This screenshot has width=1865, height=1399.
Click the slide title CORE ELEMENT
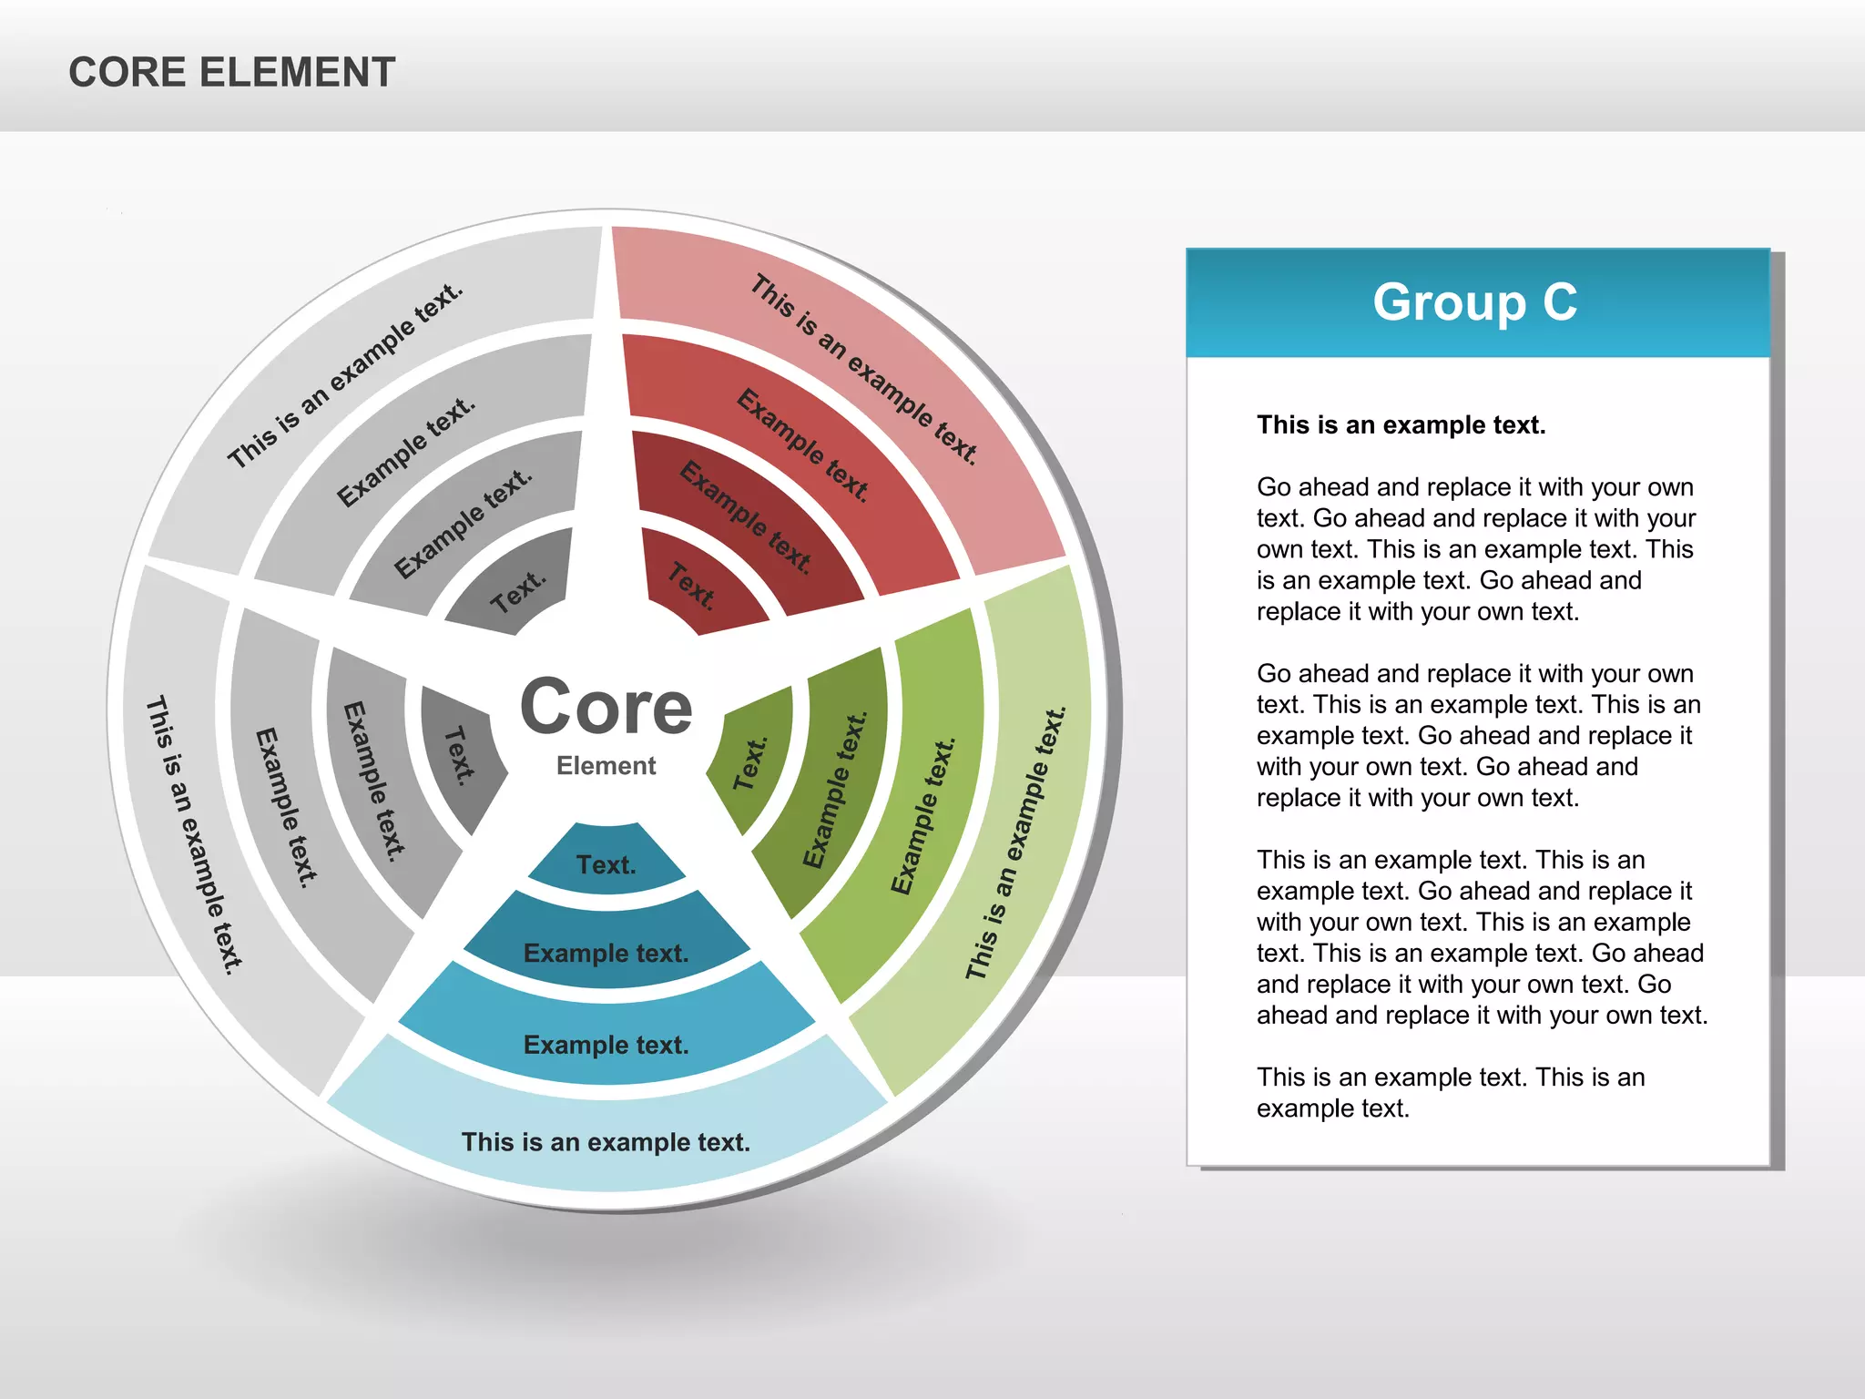click(x=231, y=73)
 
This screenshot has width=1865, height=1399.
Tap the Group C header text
click(x=1474, y=302)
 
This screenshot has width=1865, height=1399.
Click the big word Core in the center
click(x=606, y=708)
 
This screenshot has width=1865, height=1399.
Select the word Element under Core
click(x=606, y=766)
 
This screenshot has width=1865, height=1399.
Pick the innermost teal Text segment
click(x=606, y=863)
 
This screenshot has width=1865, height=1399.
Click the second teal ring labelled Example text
click(x=606, y=952)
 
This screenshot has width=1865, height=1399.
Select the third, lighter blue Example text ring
click(x=606, y=1044)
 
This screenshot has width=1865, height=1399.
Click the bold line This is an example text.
click(x=1401, y=425)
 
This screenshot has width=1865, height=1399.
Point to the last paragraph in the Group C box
click(x=1450, y=1092)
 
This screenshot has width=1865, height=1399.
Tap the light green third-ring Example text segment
click(x=923, y=815)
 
